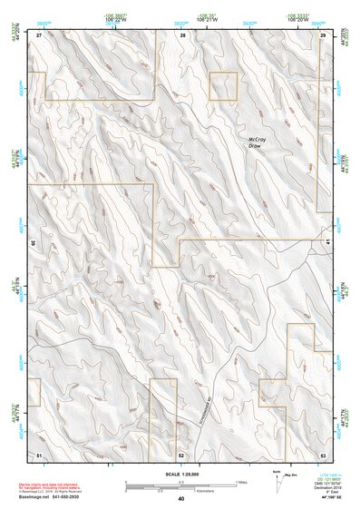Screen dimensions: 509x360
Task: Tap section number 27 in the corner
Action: tap(40, 34)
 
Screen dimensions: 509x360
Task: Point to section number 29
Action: tap(323, 34)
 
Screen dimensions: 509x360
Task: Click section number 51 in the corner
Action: tap(39, 452)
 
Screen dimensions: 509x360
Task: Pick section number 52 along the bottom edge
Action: tap(181, 454)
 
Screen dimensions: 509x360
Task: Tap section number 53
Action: tap(323, 453)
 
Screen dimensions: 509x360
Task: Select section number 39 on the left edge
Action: tap(34, 243)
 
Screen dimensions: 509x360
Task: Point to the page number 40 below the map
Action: tap(181, 498)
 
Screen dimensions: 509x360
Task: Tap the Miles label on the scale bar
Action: tap(240, 481)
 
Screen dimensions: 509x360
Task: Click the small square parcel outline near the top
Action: tap(223, 86)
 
